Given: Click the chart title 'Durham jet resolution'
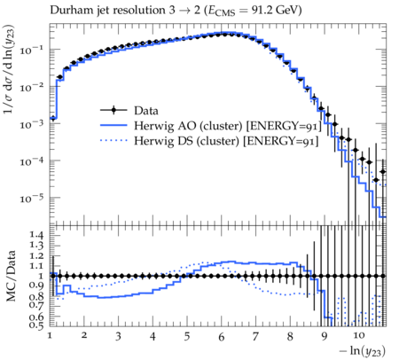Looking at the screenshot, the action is click(107, 11).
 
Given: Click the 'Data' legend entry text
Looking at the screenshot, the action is click(146, 111).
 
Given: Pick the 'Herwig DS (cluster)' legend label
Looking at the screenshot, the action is click(186, 141).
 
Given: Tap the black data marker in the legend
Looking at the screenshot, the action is click(113, 111).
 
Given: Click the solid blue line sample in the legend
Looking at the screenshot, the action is click(113, 125).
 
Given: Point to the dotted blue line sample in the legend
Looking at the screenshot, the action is click(113, 140).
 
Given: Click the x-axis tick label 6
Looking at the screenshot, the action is click(222, 337).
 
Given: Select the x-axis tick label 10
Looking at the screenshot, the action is click(358, 335).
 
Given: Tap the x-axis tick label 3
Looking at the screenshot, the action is click(118, 337).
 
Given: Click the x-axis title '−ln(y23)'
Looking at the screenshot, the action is click(363, 351).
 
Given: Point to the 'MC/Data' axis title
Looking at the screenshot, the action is click(11, 276).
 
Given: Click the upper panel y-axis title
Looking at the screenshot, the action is click(9, 69).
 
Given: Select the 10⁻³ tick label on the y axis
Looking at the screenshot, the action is click(32, 124).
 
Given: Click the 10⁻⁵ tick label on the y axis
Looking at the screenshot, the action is click(32, 199).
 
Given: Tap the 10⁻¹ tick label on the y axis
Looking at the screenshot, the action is click(32, 51).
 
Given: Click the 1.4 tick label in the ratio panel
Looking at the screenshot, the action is click(36, 235).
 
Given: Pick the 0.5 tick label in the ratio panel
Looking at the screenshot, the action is click(36, 325).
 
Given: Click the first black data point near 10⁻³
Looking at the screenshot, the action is click(53, 119).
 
